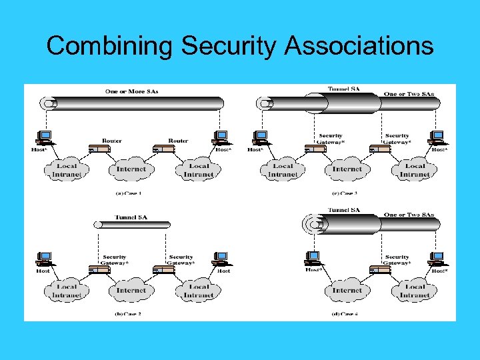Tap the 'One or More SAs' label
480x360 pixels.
point(131,91)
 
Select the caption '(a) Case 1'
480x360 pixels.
point(128,193)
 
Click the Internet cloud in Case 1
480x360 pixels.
point(131,169)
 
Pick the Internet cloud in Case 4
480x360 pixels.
point(347,291)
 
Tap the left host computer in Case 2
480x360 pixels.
point(45,259)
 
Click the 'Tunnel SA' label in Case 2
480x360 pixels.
point(131,217)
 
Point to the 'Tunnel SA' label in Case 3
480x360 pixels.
point(344,89)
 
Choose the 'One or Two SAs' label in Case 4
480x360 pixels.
point(409,215)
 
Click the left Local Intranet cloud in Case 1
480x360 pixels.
point(66,170)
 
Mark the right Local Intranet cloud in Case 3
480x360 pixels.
point(415,170)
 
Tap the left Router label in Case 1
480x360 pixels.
point(111,141)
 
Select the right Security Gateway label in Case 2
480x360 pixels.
point(181,259)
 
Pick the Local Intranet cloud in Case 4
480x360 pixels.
point(415,291)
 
